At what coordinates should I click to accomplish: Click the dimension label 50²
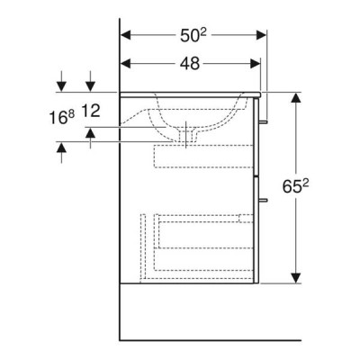tap(193, 36)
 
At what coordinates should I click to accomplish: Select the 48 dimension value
tap(190, 64)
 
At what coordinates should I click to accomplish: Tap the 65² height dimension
tap(296, 186)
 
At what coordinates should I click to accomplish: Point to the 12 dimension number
tap(90, 111)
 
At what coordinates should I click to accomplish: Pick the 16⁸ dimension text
tap(61, 117)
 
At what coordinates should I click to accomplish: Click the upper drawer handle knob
tap(263, 121)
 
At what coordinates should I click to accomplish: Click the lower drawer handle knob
tap(263, 200)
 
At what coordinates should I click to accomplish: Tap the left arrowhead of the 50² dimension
tap(126, 35)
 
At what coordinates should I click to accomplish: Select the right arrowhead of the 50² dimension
tap(261, 35)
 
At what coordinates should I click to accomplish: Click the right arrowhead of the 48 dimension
tap(255, 63)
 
